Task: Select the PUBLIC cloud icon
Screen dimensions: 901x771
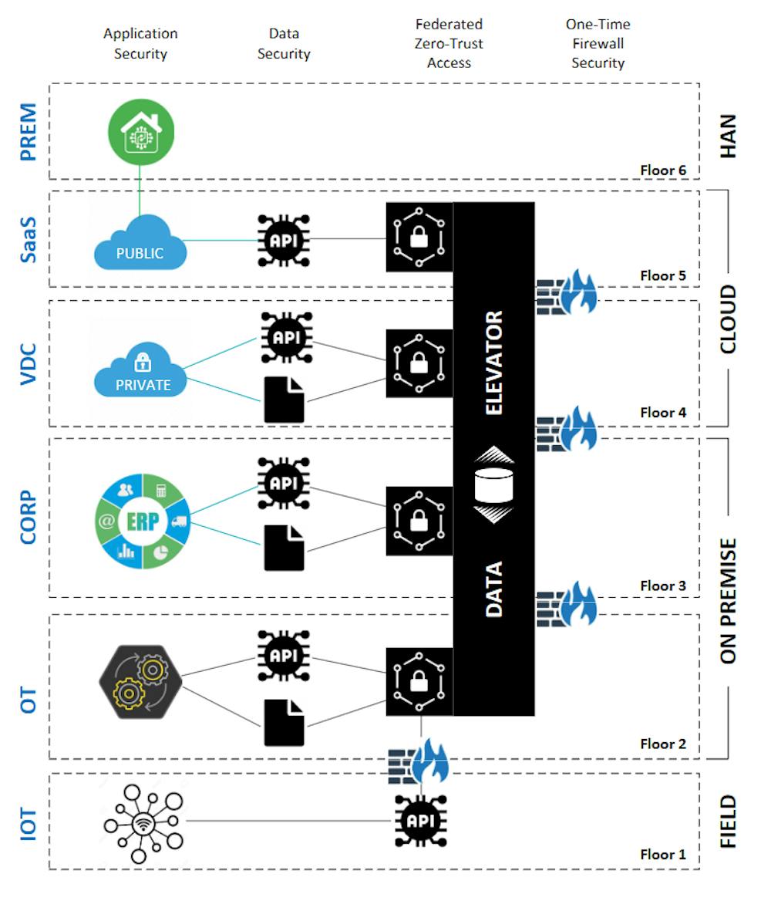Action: point(140,243)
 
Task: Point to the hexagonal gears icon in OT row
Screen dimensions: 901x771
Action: point(140,681)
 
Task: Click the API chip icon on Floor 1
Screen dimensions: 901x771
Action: point(421,821)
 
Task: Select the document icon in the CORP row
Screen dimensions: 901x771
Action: point(284,548)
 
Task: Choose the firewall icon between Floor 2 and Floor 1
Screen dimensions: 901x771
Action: point(419,761)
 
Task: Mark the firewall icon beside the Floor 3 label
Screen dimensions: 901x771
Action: point(567,604)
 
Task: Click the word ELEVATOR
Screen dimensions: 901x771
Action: point(493,363)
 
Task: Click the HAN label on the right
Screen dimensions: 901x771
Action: point(728,136)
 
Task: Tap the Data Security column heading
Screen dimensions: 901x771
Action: point(284,44)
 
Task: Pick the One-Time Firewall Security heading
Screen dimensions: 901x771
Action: point(598,44)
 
